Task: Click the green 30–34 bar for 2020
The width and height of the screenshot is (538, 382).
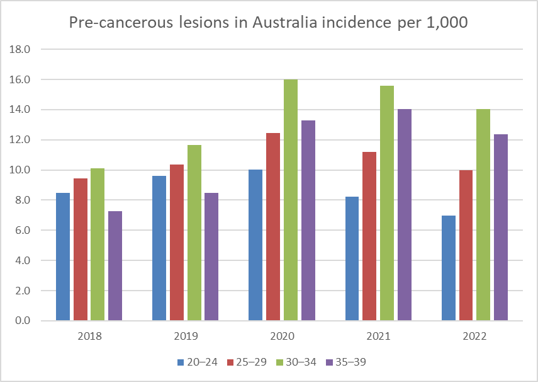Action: (290, 200)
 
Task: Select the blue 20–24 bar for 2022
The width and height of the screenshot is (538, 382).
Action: (449, 268)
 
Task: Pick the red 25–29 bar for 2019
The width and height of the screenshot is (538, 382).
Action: (177, 243)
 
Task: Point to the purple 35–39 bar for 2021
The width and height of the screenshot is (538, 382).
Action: (404, 215)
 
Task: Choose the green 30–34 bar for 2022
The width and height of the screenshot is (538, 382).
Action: (483, 215)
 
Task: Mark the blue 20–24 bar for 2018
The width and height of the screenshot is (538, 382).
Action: (63, 257)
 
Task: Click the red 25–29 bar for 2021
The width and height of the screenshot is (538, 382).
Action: (369, 236)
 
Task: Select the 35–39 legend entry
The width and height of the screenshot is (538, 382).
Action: (345, 362)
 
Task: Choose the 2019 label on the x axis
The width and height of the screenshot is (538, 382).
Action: (186, 336)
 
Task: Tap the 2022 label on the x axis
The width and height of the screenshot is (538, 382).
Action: (474, 336)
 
